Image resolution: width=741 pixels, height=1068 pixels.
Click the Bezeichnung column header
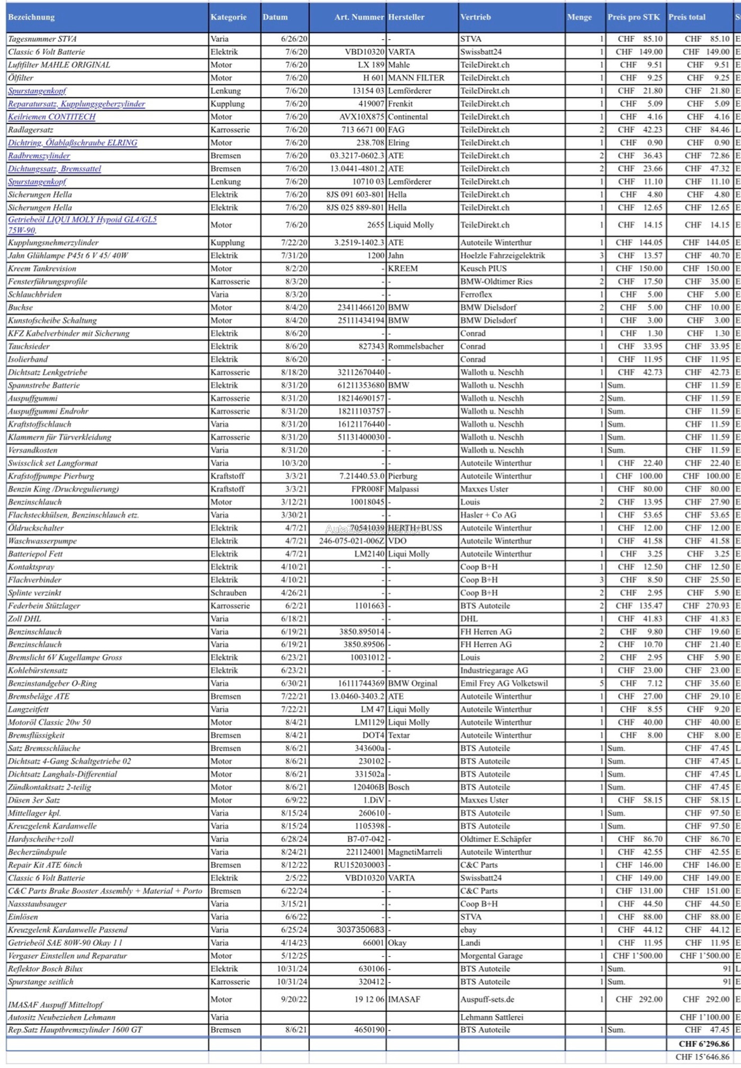tap(31, 17)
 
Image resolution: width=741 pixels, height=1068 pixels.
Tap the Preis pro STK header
tap(633, 17)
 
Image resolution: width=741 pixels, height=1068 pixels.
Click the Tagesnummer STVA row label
tap(42, 39)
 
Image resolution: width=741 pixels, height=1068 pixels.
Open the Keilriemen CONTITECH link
tap(52, 117)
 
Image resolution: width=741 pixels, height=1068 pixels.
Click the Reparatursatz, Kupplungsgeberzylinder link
tap(76, 104)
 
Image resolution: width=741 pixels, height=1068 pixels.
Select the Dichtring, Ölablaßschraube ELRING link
tap(73, 143)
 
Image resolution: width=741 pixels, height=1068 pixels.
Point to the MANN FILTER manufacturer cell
tap(416, 78)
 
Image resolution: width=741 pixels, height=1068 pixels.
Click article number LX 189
tap(371, 65)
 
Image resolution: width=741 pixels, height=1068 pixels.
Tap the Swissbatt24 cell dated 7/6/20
tap(481, 52)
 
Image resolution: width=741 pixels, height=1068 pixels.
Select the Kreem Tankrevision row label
tap(42, 269)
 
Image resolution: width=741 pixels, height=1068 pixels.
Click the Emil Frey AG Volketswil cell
tap(504, 683)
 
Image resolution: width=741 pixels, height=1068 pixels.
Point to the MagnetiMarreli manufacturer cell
tap(415, 852)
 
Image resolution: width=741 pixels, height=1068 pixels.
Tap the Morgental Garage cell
tap(491, 956)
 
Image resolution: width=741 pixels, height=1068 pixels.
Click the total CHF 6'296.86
tap(704, 1044)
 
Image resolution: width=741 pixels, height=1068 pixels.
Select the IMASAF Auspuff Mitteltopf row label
tap(56, 1004)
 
